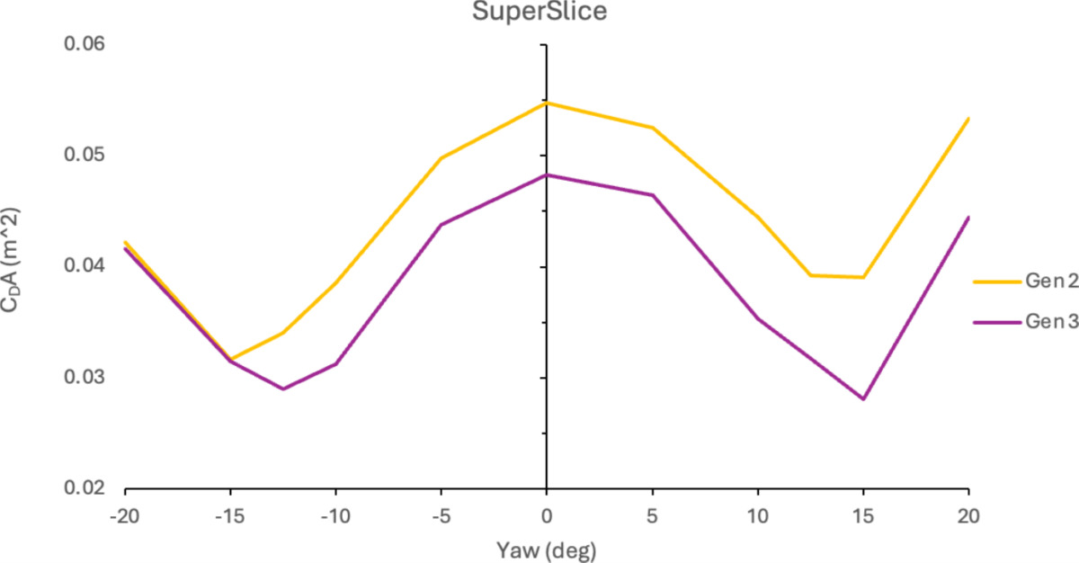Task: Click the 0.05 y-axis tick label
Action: [84, 156]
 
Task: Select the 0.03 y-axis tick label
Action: [84, 378]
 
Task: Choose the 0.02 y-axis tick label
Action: [84, 488]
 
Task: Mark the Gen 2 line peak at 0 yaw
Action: [546, 103]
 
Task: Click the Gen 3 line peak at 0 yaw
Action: [546, 175]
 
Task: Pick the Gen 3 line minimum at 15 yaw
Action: [863, 398]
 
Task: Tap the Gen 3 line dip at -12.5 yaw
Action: [282, 389]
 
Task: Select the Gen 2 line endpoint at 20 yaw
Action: [968, 119]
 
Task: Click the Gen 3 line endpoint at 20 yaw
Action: [968, 218]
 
